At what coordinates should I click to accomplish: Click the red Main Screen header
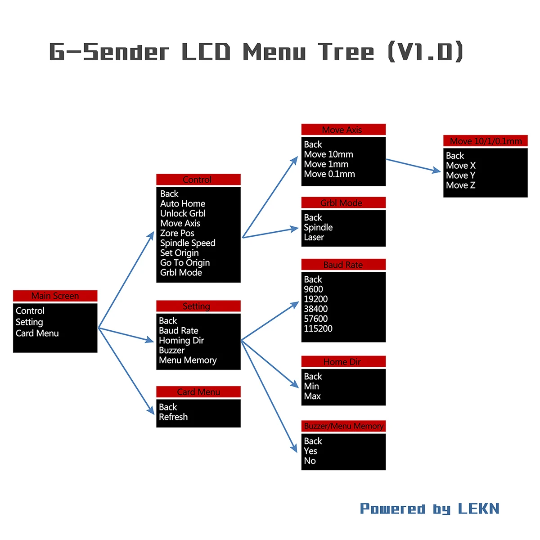click(55, 296)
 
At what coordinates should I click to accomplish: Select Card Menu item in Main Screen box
click(37, 333)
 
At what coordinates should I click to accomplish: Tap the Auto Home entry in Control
click(183, 204)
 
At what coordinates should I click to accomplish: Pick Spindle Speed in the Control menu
click(188, 243)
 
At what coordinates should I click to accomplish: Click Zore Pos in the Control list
click(177, 233)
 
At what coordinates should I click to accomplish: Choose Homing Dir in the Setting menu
click(181, 341)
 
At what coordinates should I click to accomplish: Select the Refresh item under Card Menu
click(173, 417)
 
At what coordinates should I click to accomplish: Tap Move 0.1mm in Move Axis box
click(329, 174)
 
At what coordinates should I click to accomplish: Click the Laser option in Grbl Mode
click(314, 238)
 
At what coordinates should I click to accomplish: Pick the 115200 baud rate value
click(318, 329)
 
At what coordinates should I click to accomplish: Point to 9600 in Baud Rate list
click(313, 289)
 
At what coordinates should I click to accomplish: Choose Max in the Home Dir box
click(312, 396)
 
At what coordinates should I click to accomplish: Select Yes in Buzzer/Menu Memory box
click(310, 451)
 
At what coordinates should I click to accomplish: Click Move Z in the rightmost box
click(460, 185)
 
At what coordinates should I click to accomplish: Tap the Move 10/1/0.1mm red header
click(486, 141)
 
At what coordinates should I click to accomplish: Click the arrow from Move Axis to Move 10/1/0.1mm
click(413, 165)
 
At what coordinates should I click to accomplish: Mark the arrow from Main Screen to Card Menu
click(126, 371)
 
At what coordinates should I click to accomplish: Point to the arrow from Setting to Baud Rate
click(270, 321)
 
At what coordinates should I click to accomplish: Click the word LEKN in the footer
click(479, 508)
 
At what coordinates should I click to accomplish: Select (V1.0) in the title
click(425, 52)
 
